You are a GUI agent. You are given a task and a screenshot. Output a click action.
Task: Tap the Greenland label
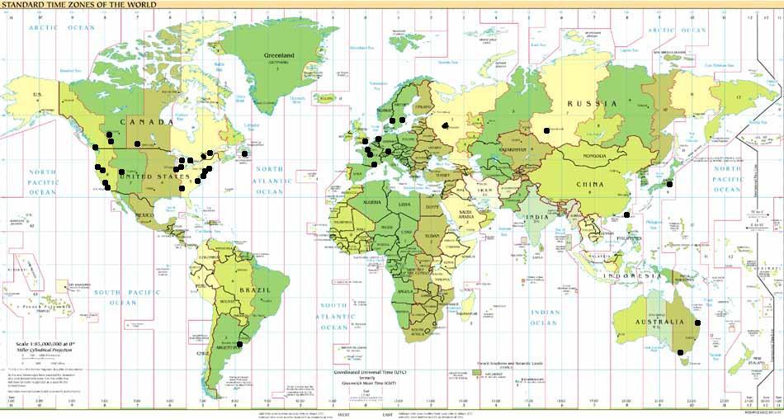[279, 56]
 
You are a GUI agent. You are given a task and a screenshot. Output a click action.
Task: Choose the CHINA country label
[589, 184]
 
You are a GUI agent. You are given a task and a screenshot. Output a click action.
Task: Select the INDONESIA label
[629, 275]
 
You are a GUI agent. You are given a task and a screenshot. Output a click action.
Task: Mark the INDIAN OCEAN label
[545, 318]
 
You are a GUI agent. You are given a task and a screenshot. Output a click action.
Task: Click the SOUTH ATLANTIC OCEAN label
[334, 317]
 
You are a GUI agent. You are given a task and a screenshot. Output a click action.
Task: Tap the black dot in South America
[240, 344]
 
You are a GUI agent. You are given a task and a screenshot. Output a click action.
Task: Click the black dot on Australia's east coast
[697, 323]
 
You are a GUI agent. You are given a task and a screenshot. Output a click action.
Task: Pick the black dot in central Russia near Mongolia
[545, 130]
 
